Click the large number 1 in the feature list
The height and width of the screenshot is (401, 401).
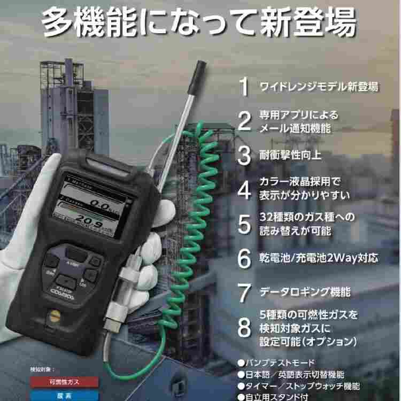click(x=244, y=87)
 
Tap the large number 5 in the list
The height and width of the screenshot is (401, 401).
click(x=244, y=225)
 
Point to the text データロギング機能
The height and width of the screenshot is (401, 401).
click(x=305, y=292)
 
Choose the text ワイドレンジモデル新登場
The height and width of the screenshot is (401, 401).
click(x=319, y=87)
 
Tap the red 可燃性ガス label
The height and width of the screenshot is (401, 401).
click(x=64, y=381)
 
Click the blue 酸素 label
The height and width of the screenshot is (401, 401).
click(x=64, y=396)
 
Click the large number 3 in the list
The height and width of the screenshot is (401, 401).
click(x=244, y=156)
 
